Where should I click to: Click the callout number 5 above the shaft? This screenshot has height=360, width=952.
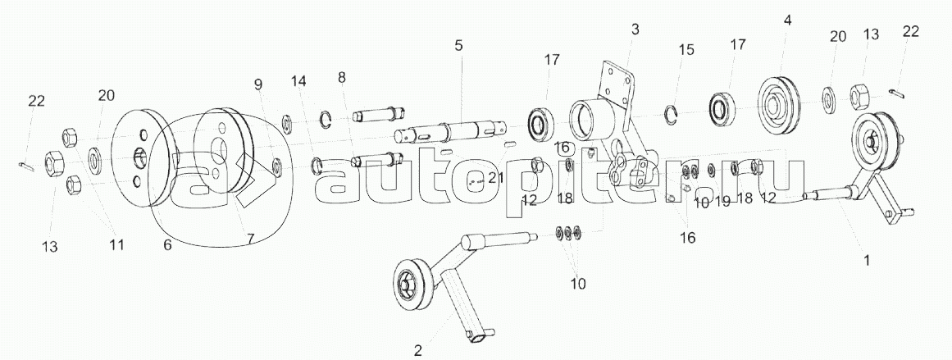pyautogui.click(x=458, y=45)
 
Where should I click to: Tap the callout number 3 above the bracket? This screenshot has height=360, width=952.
pyautogui.click(x=635, y=30)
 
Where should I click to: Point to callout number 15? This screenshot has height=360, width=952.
pyautogui.click(x=686, y=50)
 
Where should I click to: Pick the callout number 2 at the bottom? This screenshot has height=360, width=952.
pyautogui.click(x=418, y=350)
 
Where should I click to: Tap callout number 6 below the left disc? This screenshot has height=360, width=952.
pyautogui.click(x=167, y=245)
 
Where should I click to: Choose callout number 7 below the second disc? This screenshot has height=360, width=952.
pyautogui.click(x=251, y=238)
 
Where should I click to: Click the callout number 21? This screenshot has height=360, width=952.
pyautogui.click(x=494, y=178)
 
